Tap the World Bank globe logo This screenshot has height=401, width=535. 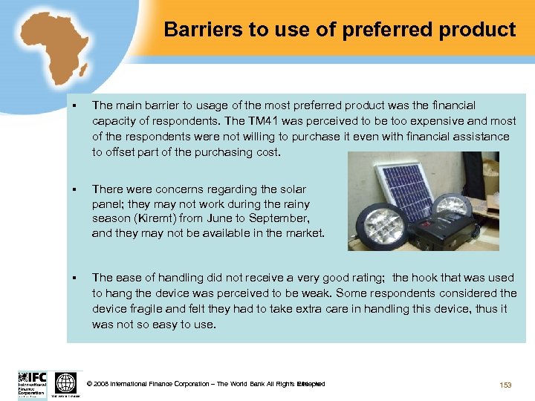point(65,383)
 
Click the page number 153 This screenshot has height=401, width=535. point(505,385)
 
